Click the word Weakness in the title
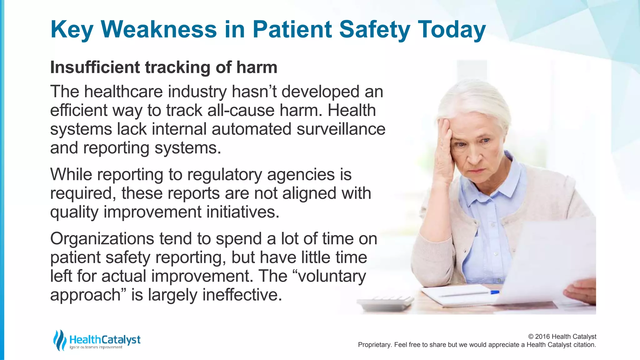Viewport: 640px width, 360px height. tap(159, 29)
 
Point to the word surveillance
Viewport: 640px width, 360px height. tap(341, 129)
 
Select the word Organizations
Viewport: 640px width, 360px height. tap(102, 239)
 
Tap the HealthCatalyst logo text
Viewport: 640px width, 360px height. tap(105, 339)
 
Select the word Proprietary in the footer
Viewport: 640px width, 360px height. tap(374, 345)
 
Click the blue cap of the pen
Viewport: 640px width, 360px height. tap(495, 292)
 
